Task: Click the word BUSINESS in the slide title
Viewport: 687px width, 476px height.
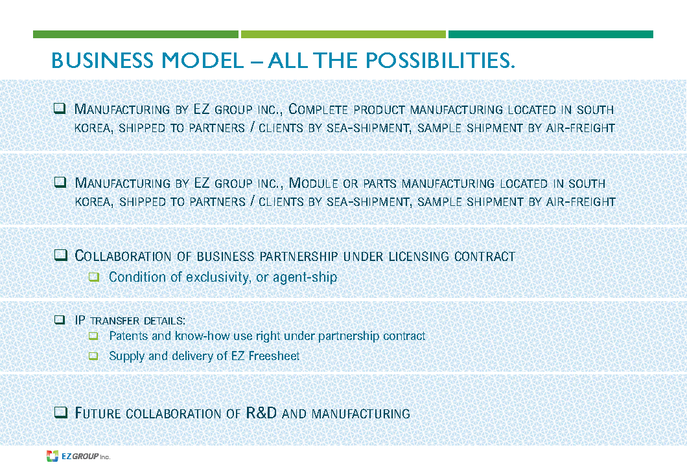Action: (103, 60)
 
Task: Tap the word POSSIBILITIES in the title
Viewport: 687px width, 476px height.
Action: (440, 60)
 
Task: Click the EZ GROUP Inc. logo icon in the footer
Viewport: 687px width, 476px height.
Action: (52, 456)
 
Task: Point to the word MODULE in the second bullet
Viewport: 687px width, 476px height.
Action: (313, 183)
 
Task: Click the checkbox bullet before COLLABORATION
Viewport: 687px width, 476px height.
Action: (60, 255)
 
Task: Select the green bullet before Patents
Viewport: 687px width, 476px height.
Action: (93, 336)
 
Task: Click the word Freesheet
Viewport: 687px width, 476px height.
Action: (274, 356)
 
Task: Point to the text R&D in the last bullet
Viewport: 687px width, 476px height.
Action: (261, 413)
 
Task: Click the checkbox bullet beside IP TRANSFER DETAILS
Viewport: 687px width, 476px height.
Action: (60, 320)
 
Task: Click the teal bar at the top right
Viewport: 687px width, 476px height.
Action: (551, 34)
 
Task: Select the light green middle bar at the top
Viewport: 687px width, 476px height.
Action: (343, 34)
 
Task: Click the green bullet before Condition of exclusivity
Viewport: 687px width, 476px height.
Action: (94, 277)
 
